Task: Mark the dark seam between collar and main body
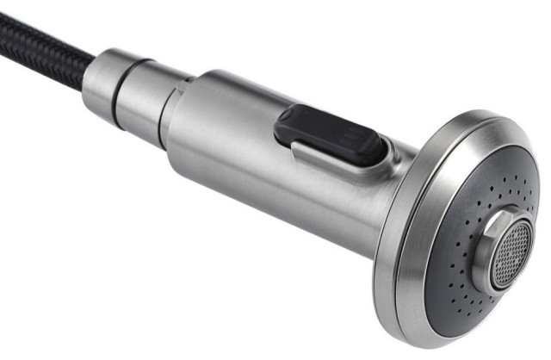point(164,116)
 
